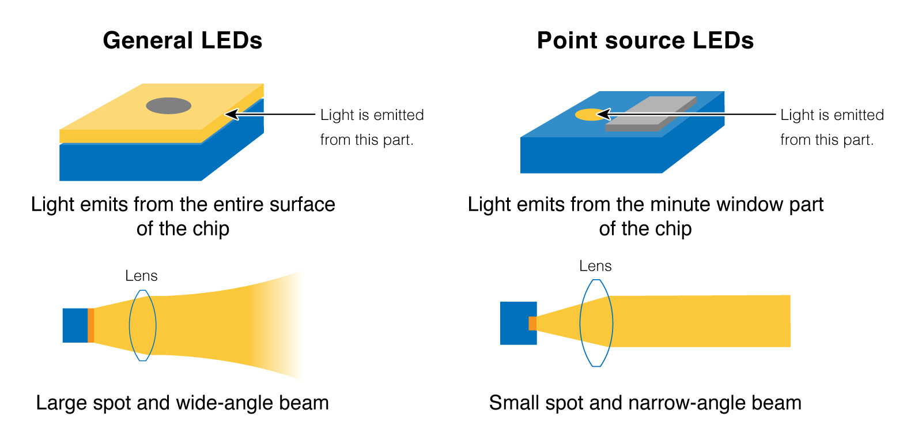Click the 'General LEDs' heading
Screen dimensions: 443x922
coord(182,41)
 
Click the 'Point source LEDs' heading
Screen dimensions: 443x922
coord(645,41)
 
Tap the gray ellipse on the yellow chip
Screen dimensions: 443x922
coord(168,106)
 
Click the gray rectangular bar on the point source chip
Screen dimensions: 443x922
coord(651,114)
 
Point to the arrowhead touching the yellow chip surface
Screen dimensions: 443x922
coord(231,114)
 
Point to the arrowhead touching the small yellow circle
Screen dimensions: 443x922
coord(603,114)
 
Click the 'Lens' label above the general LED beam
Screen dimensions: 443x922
coord(141,276)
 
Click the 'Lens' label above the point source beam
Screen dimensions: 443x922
coord(595,266)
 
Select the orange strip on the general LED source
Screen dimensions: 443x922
coord(90,325)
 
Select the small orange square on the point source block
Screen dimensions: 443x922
coord(532,323)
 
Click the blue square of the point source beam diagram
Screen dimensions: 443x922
coord(515,323)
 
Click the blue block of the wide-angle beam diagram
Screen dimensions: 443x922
coord(75,325)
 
